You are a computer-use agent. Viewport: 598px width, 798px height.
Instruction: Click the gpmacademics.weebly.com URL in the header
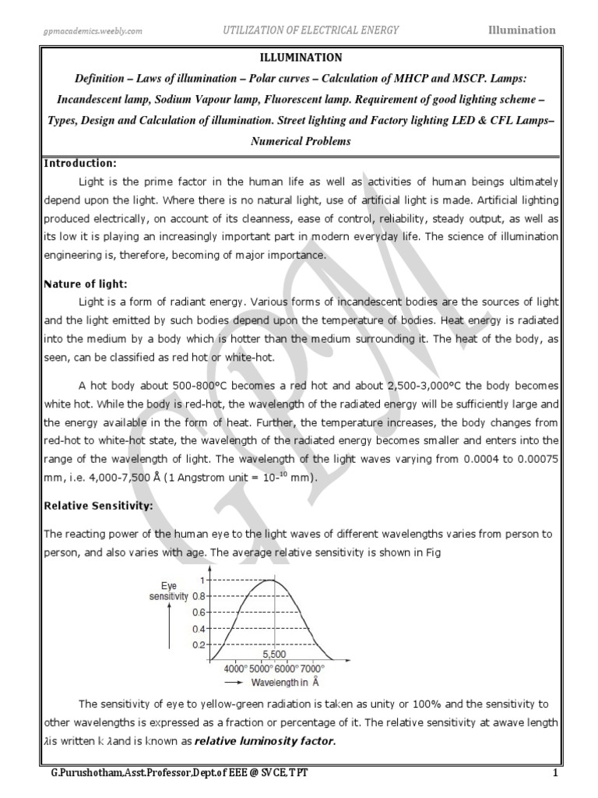(92, 30)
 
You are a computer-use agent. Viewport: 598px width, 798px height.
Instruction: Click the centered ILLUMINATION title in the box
(300, 58)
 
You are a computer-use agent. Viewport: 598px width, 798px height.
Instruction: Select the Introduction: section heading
(80, 163)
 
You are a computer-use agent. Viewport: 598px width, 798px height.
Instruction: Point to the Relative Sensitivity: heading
(98, 506)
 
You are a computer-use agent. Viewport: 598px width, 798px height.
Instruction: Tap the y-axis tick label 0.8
(199, 597)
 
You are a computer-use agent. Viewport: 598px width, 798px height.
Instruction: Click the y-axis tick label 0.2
(199, 645)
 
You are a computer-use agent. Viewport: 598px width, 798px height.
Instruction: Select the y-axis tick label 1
(202, 581)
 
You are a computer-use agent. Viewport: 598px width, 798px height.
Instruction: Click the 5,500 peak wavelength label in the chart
(273, 655)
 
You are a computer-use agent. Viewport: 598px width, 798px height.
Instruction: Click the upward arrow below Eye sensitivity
(169, 627)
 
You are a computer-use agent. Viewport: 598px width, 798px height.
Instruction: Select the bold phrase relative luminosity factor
(266, 741)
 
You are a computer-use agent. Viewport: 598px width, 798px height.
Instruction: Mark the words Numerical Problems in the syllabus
(300, 142)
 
